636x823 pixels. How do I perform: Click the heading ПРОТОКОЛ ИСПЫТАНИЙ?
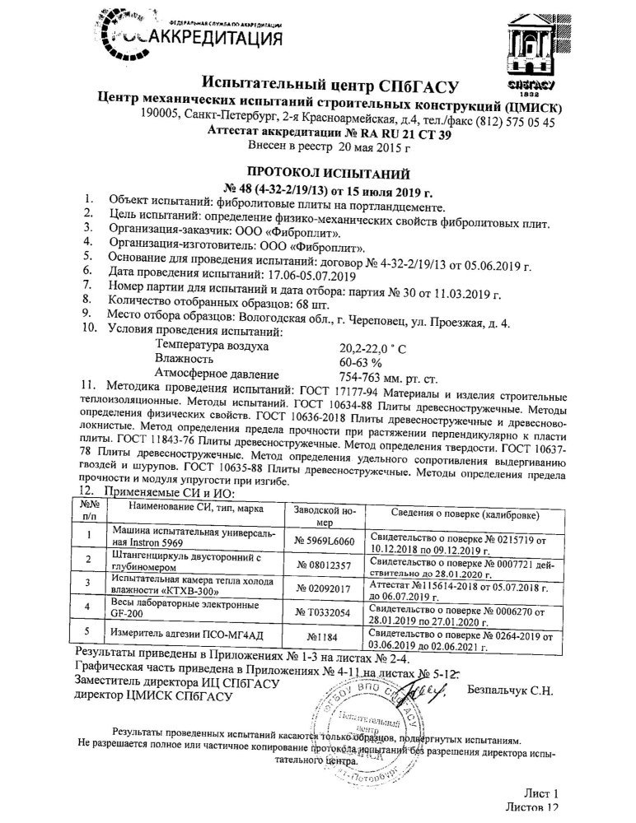click(x=317, y=174)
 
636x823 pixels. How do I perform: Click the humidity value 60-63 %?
click(x=363, y=361)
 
